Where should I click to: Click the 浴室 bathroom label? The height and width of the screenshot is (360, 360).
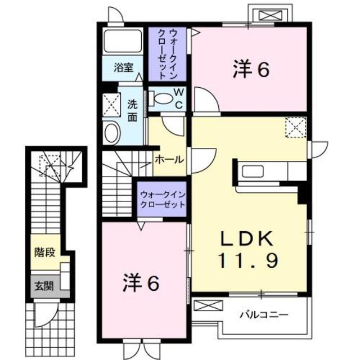pos(123,68)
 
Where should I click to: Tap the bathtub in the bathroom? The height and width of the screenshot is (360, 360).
pos(123,42)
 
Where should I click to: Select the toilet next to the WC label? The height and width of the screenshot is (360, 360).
pos(164,98)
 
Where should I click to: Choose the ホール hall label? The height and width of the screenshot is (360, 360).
pos(169,159)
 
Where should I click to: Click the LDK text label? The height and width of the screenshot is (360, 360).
pos(247,240)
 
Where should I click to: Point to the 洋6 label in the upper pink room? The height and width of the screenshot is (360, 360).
pos(250,70)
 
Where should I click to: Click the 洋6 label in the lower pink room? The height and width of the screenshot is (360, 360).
pos(141,283)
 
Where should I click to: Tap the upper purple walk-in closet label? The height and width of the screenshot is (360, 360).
pos(168,53)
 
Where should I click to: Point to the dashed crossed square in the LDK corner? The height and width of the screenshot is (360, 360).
pos(295,127)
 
